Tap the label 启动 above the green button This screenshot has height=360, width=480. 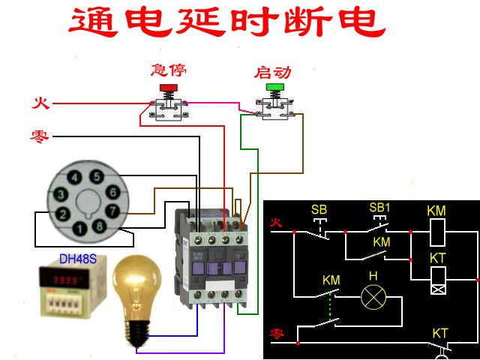273,73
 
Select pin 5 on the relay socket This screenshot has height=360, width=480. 96,177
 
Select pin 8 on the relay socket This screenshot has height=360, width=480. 99,226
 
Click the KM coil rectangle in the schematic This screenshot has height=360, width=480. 436,232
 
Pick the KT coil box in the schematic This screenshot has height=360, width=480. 436,283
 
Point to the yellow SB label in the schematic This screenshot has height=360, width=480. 319,209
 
